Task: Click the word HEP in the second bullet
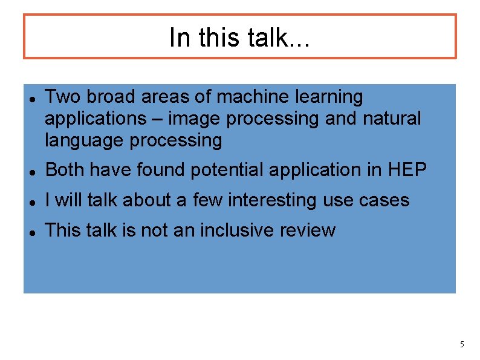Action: (409, 171)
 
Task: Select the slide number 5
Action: (462, 345)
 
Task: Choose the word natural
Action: (391, 119)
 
